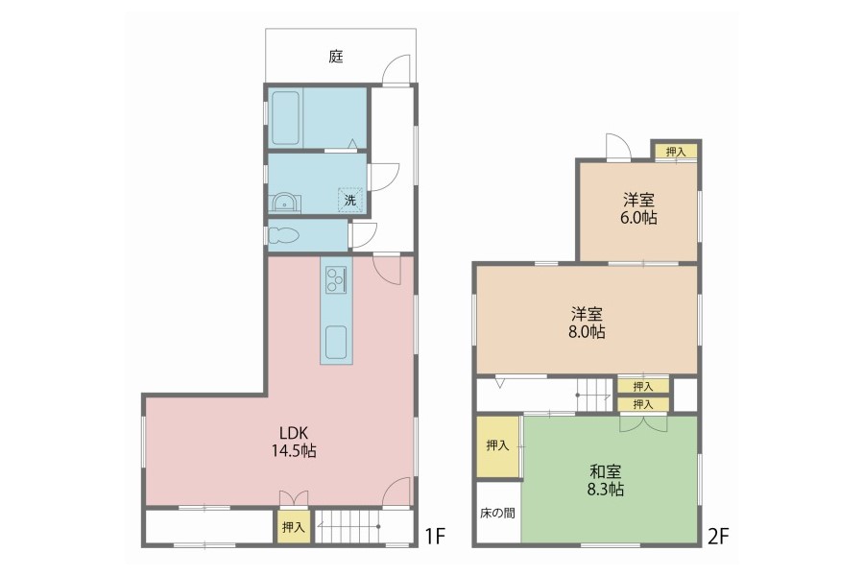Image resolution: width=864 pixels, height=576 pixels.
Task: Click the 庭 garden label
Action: pos(336,57)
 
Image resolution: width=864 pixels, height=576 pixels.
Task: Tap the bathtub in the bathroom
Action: pos(286,118)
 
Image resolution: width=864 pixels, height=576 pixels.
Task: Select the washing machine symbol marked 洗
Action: pos(350,200)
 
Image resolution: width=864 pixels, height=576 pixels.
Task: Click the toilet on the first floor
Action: pos(284,235)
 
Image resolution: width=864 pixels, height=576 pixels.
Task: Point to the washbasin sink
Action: pos(284,203)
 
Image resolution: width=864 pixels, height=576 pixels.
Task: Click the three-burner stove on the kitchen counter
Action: pos(336,279)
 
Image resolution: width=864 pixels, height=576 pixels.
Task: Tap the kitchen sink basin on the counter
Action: pos(336,343)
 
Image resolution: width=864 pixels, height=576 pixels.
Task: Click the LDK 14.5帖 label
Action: pos(293,442)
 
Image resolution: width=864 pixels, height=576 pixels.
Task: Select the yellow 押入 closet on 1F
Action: pos(293,527)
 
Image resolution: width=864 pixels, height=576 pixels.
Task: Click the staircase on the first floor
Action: pos(348,527)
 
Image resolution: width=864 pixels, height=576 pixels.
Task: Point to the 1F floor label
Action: pos(435,536)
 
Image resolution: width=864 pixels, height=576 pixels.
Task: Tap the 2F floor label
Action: pos(718,536)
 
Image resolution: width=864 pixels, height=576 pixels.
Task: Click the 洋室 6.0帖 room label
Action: pos(638,208)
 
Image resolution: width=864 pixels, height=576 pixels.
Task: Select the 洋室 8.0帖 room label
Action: pos(587,323)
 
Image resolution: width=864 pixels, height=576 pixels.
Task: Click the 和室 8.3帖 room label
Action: pos(606,480)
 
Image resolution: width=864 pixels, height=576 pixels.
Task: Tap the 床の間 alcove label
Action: pos(497,514)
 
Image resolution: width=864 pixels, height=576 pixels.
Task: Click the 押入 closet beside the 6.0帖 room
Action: pos(676,152)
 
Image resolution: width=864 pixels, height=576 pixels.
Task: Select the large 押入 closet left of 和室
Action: pos(497,446)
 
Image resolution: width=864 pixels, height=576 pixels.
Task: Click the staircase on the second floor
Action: pos(594,395)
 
